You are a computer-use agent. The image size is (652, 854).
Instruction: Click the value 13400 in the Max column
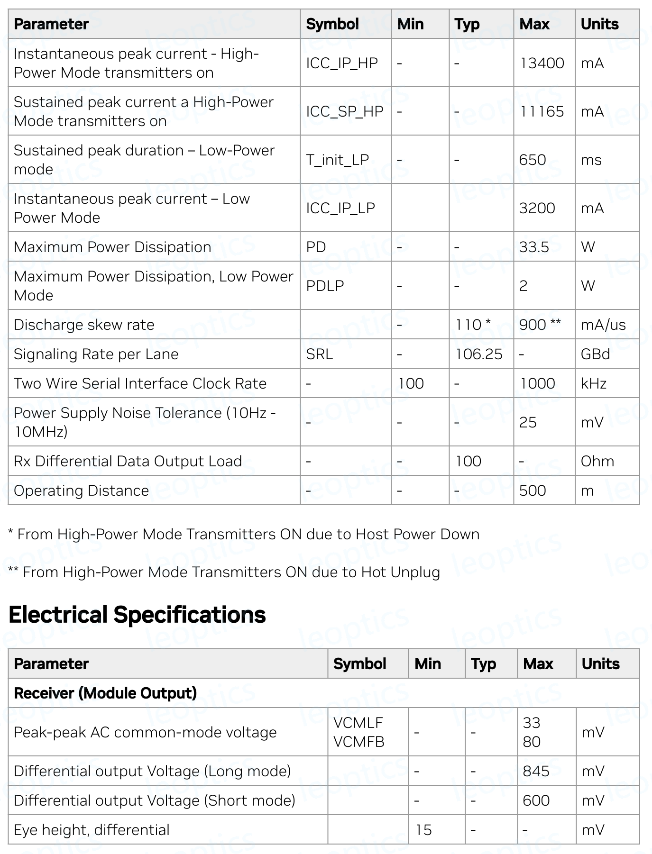pos(542,63)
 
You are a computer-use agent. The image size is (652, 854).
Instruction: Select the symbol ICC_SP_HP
pos(344,111)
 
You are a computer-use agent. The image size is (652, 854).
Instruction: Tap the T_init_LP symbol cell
pos(337,160)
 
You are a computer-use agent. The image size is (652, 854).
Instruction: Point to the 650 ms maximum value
pos(533,160)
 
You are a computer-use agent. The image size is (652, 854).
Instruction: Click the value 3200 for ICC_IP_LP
pos(537,208)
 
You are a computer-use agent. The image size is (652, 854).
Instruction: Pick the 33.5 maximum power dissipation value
pos(534,247)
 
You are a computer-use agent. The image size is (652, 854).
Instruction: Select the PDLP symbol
pos(325,286)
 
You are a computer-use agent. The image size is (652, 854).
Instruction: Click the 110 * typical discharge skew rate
pos(473,325)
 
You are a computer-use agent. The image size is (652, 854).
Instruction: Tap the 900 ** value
pos(540,325)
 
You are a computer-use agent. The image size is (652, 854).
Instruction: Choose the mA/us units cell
pos(603,325)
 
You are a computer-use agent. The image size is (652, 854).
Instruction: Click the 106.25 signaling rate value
pos(478,354)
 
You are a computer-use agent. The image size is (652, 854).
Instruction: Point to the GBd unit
pos(595,354)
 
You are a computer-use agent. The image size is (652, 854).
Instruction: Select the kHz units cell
pos(594,383)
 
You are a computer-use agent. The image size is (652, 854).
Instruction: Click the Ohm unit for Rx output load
pos(597,461)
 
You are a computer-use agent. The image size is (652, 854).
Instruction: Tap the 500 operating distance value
pos(533,491)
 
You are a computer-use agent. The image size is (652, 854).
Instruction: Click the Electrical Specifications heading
pos(137,615)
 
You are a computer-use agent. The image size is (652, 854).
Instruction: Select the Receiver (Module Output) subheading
pos(105,693)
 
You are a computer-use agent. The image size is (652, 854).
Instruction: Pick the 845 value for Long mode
pos(536,771)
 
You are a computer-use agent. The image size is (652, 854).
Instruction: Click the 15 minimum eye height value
pos(423,830)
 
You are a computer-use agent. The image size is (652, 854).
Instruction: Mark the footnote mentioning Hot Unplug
pos(224,572)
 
